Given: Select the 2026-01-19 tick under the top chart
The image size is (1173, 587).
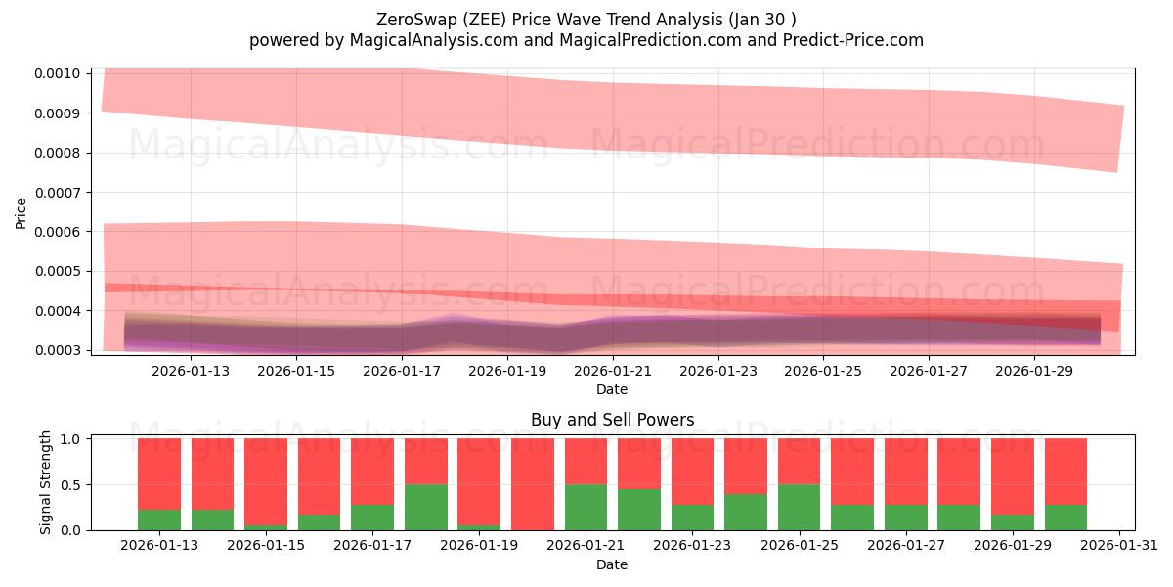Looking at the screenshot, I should coord(507,371).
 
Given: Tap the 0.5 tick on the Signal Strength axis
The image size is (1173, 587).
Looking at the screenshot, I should coord(75,485).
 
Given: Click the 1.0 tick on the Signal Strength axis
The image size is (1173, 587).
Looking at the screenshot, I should coord(75,439).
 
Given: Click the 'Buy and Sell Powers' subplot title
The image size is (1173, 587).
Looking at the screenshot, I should coord(612,420).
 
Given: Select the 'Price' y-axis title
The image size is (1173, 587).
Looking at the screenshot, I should coord(22,212).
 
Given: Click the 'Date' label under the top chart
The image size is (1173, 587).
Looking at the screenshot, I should coord(612,389).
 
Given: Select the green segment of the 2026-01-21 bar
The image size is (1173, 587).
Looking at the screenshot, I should coord(586,507).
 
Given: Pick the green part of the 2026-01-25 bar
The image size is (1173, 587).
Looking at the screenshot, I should coord(799,507).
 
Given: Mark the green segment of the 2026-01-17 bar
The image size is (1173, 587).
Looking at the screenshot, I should coord(372,517).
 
